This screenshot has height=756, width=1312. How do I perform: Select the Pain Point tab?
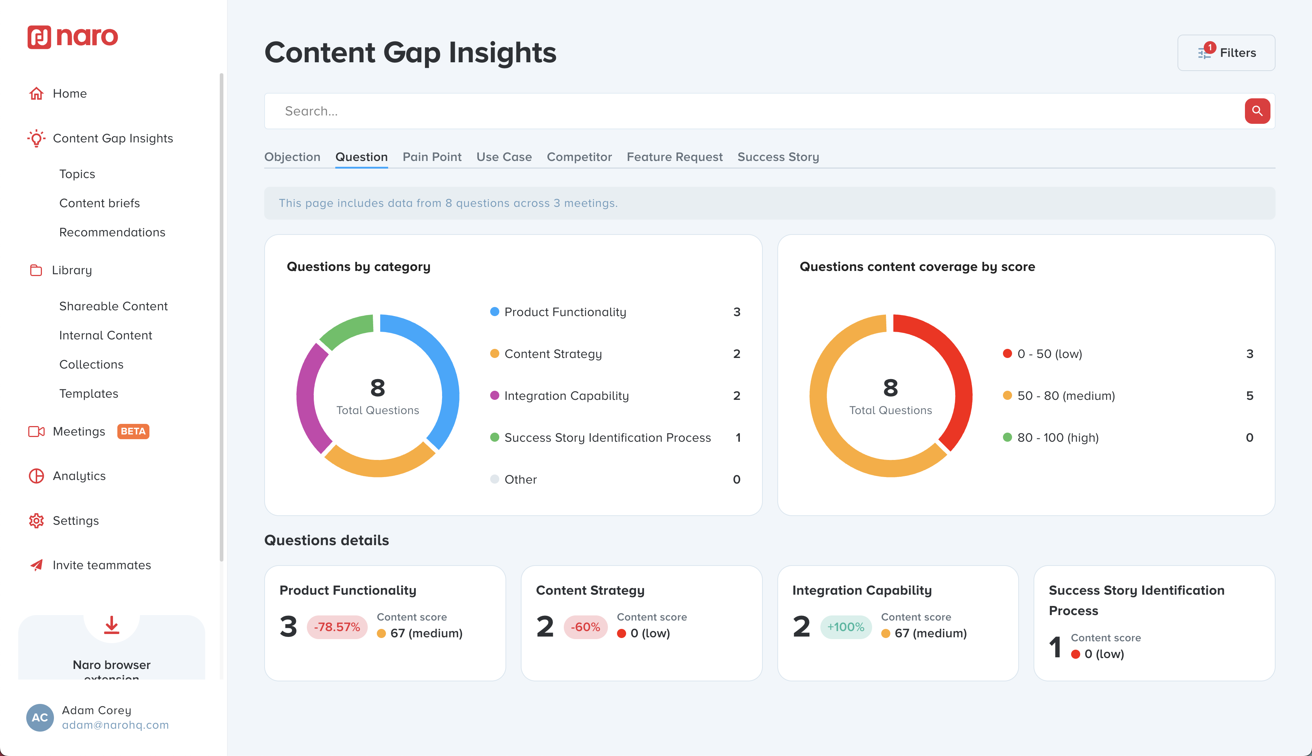432,157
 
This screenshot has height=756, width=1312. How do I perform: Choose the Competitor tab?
579,157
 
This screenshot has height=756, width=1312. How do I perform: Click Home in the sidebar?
70,94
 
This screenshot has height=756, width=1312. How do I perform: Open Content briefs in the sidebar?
99,203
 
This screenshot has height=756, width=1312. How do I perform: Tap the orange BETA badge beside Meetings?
133,432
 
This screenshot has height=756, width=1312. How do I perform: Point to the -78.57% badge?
337,627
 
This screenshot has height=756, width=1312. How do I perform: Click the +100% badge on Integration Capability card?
846,627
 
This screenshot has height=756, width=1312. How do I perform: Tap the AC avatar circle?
40,717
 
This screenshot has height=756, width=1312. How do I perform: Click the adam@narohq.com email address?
116,725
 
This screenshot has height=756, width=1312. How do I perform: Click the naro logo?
73,37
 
